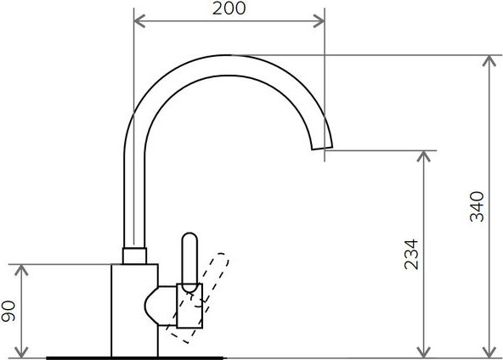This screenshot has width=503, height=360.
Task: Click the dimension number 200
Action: click(229, 8)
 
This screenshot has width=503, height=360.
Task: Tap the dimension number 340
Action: click(477, 206)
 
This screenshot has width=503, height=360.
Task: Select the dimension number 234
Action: click(411, 254)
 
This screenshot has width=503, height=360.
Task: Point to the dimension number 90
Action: click(8, 311)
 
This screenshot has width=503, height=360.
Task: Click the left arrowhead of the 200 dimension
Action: click(139, 21)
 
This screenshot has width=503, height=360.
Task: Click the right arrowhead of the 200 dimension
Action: click(319, 21)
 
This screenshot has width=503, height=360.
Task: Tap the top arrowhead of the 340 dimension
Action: click(489, 61)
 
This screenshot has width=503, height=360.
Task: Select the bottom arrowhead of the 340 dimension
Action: click(489, 352)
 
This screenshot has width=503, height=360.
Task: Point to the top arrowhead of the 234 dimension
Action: click(424, 156)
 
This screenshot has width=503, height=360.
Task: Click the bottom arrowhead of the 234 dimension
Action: click(424, 352)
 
